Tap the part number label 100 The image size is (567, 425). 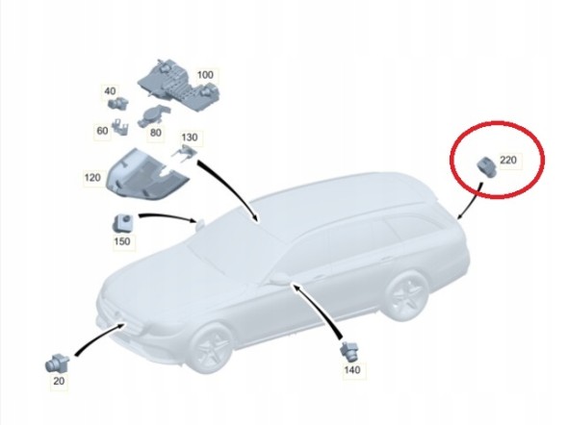click(205, 74)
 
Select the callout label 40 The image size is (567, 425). click(110, 92)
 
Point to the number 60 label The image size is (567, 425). click(103, 131)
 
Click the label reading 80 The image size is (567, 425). click(155, 133)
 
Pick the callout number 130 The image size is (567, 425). click(188, 138)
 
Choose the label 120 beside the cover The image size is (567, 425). click(92, 178)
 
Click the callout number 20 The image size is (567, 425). click(60, 382)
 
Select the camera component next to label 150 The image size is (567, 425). click(122, 221)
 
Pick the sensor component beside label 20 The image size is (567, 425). click(59, 363)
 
